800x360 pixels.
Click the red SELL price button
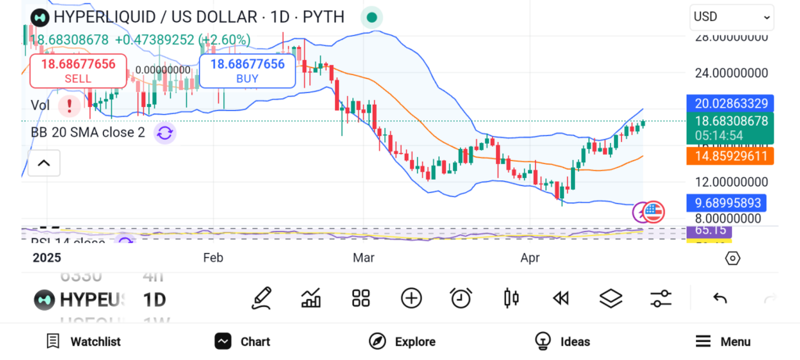[78, 71]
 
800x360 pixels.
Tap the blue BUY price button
[247, 71]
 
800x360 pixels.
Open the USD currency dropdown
[731, 16]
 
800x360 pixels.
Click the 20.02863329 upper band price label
[729, 103]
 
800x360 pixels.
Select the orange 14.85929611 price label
[729, 156]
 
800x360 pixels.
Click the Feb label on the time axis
[213, 258]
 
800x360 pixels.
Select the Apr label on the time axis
[532, 258]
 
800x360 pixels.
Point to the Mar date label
[363, 258]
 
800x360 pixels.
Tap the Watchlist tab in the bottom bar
[84, 341]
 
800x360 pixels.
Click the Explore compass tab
[402, 341]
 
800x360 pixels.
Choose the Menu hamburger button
[723, 341]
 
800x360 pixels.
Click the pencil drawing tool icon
[262, 298]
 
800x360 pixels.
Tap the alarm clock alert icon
[461, 298]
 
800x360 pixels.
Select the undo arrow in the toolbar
[720, 298]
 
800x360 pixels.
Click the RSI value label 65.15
[710, 231]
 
